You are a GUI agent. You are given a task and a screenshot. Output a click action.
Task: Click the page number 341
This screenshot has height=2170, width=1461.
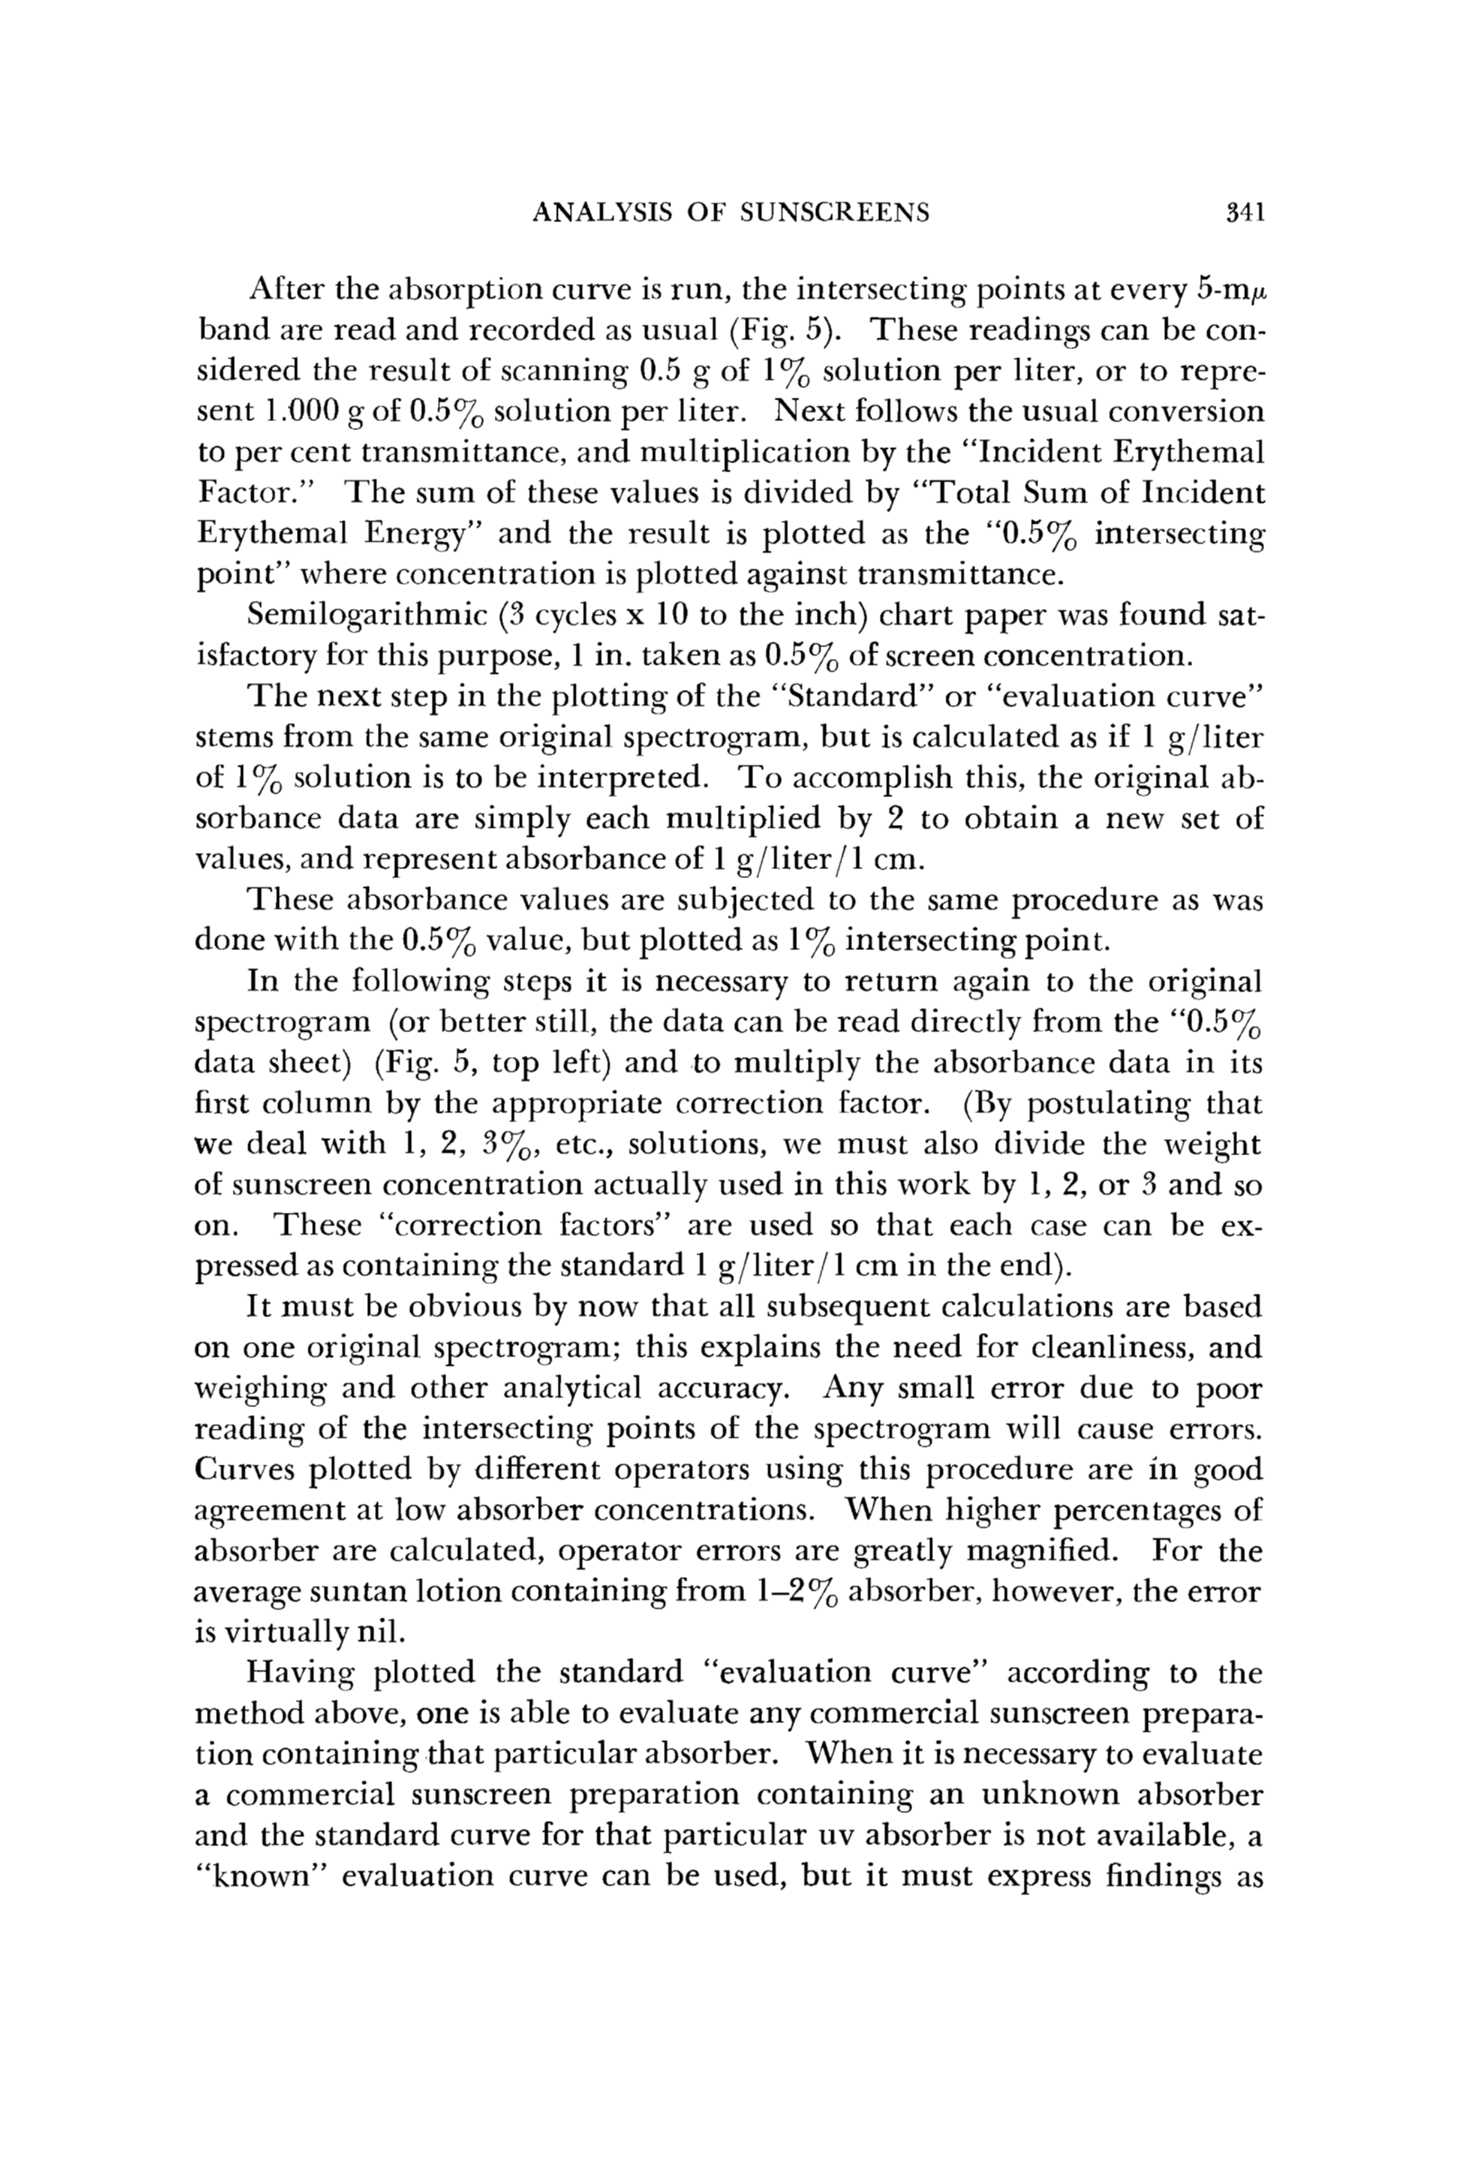(x=1244, y=213)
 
